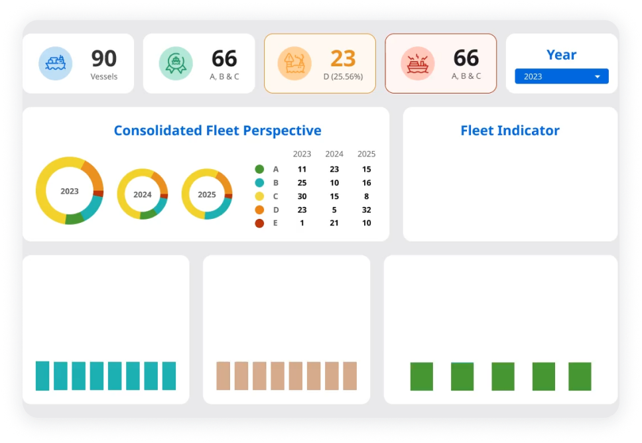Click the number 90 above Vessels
(103, 58)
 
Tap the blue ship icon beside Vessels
(55, 64)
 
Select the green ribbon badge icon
(176, 64)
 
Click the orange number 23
(343, 58)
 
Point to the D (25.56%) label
(343, 76)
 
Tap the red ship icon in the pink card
(418, 64)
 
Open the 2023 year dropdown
(561, 76)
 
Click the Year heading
(561, 55)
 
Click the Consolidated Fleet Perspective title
(218, 131)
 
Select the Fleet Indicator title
(509, 131)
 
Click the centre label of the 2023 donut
(70, 191)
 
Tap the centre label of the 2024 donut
(143, 195)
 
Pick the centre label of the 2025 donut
(207, 195)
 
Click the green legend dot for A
(259, 169)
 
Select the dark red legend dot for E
(259, 223)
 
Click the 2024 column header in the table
(334, 154)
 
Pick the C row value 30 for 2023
(302, 196)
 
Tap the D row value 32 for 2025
(366, 210)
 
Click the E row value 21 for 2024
(334, 223)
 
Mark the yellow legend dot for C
(259, 196)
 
